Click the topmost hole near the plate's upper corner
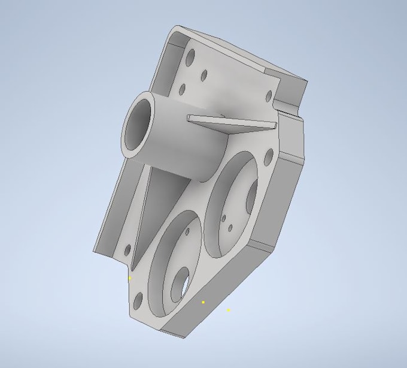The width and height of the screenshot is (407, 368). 191,59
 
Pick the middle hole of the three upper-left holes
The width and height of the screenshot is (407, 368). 203,75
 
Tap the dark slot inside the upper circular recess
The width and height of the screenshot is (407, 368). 251,196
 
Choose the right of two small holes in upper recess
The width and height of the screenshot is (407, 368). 231,228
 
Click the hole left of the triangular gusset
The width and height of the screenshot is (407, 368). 126,249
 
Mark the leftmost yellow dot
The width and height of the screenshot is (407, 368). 130,278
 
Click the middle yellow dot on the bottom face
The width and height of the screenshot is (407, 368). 203,302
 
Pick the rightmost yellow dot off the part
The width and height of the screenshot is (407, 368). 228,310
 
